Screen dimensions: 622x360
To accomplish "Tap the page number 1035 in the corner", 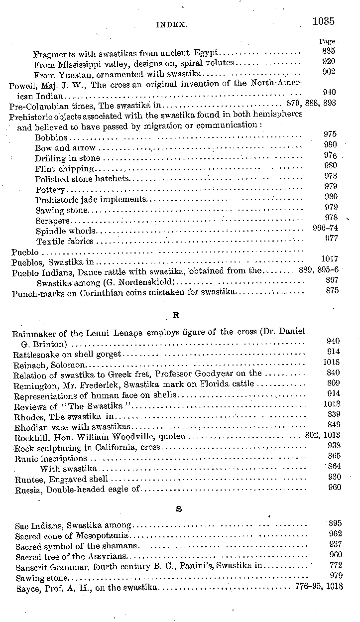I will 323,21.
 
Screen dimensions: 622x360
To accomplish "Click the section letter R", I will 176,315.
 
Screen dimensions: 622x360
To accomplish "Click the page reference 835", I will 329,51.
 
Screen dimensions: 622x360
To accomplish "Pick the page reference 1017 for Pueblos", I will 330,259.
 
